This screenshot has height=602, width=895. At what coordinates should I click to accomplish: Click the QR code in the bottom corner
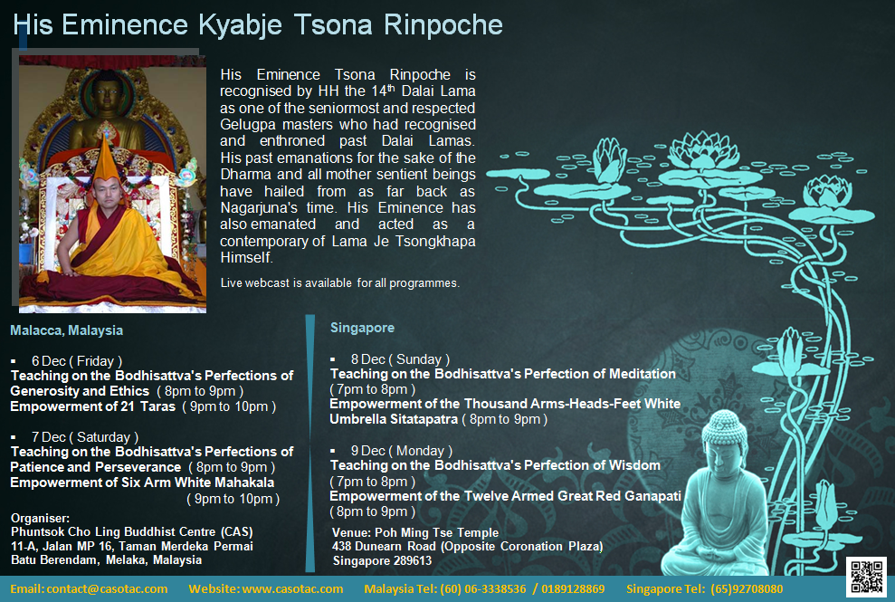[x=865, y=577]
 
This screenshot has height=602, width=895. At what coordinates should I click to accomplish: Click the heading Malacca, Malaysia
[x=67, y=330]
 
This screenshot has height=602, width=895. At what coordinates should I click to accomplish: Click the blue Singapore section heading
[x=362, y=327]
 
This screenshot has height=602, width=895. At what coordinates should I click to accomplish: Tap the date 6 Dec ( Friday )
[x=76, y=361]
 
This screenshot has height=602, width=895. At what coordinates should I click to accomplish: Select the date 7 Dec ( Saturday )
[x=84, y=437]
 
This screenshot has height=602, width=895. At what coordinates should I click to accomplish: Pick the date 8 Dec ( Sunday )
[x=400, y=359]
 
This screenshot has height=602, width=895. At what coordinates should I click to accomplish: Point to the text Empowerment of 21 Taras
[x=93, y=406]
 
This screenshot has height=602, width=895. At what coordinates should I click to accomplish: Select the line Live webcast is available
[x=340, y=283]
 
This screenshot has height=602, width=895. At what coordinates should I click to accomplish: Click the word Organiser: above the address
[x=40, y=518]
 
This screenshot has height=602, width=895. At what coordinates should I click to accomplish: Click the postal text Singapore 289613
[x=382, y=560]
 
